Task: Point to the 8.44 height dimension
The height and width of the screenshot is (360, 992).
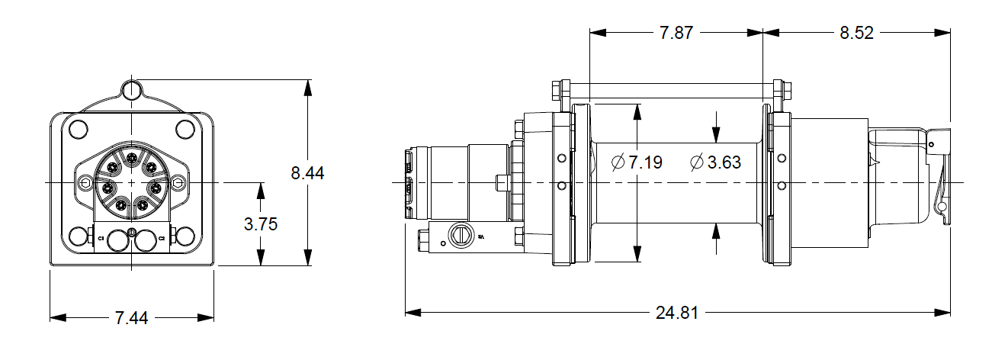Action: point(307,173)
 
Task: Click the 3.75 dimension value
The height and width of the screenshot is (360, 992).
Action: point(262,224)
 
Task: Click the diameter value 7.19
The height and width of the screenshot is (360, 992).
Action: point(646,162)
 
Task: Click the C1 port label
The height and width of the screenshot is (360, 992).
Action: point(101,239)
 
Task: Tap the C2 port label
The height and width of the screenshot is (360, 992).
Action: point(162,239)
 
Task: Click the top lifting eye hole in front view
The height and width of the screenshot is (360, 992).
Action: point(132,89)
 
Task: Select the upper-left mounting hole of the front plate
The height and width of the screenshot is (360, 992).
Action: point(78,128)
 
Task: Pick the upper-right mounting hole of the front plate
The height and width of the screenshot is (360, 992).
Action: point(185,128)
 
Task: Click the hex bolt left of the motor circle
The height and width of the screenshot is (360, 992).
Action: point(85,183)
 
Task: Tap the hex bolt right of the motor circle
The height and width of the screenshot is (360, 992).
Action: point(178,183)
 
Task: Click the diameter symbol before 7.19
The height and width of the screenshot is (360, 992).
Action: point(618,162)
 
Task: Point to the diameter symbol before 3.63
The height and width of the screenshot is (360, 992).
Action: point(695,162)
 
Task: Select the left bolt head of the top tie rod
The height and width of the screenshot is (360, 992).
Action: point(556,92)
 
